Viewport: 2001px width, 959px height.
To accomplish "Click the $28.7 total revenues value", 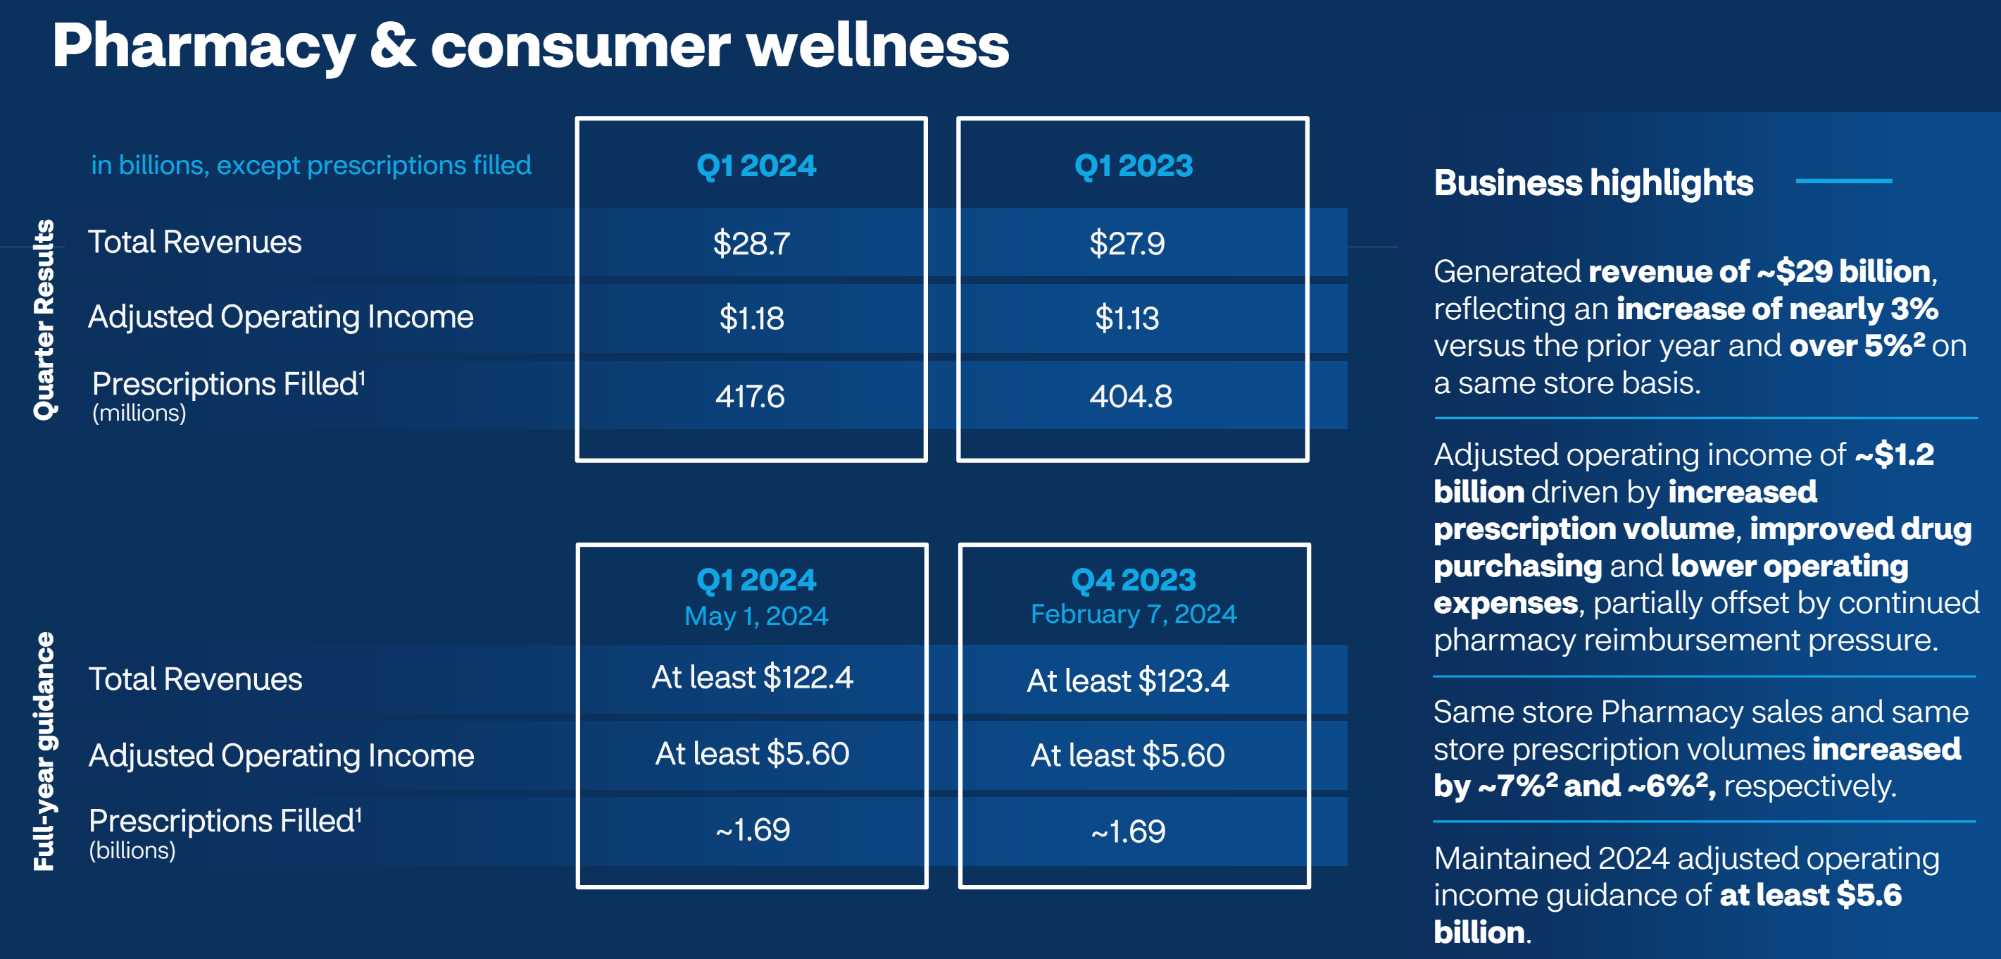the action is click(751, 243).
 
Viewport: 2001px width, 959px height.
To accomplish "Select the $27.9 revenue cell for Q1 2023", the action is click(1127, 243).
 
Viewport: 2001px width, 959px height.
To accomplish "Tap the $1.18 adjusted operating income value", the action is click(751, 318).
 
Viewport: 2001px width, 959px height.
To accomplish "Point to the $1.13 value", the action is click(1127, 318).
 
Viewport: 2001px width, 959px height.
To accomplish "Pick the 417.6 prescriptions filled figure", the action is click(750, 396).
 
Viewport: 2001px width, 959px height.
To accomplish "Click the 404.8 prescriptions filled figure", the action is click(1131, 396).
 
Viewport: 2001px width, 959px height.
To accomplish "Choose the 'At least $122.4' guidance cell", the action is click(752, 677).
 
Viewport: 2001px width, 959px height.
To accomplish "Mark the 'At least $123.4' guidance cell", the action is click(1128, 681).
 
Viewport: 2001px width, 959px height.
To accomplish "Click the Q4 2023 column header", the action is click(1134, 580).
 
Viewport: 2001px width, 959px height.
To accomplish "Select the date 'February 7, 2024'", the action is click(1134, 614).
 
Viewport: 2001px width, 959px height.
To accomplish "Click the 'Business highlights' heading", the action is click(1593, 183).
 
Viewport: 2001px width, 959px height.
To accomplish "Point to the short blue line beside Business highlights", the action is click(1843, 181).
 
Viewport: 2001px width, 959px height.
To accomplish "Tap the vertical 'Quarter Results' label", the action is click(44, 319).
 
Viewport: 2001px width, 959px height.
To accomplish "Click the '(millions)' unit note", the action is click(139, 413).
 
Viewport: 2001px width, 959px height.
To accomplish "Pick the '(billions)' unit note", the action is click(132, 850).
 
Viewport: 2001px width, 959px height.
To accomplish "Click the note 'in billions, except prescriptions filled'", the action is click(310, 166).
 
